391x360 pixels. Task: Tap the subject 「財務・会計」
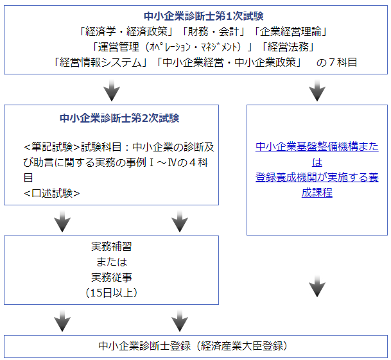(x=202, y=31)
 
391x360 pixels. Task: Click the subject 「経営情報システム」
(x=101, y=62)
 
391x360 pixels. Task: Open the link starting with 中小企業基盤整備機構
(x=317, y=146)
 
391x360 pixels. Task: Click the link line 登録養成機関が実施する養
(x=317, y=177)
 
